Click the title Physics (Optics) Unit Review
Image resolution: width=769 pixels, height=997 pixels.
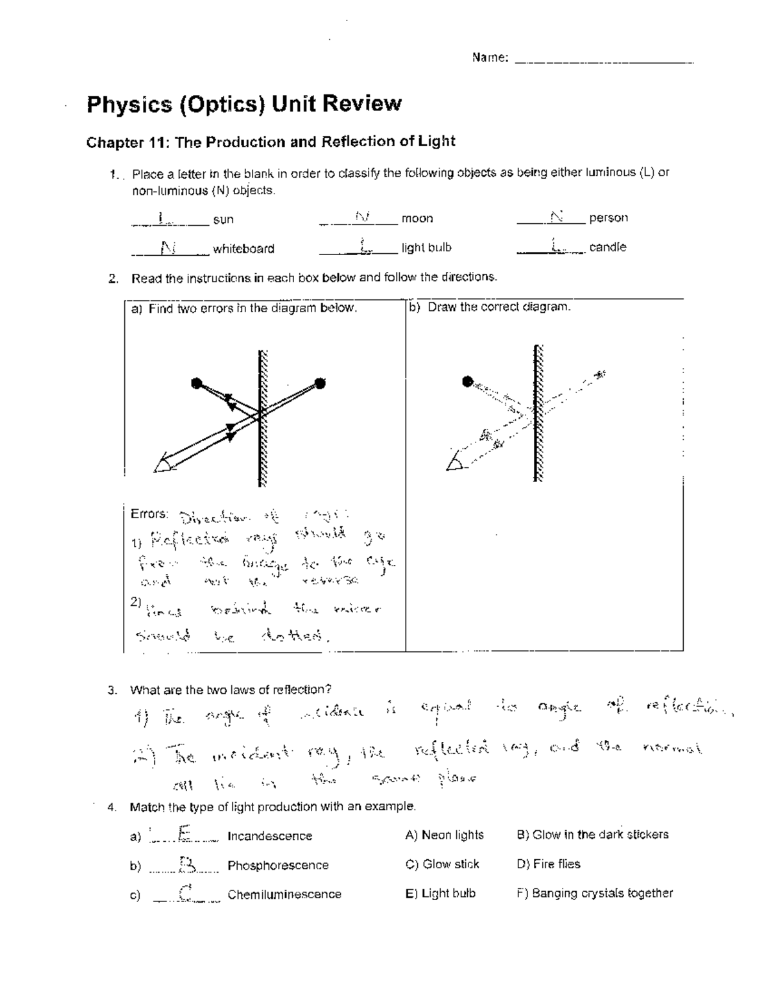(244, 103)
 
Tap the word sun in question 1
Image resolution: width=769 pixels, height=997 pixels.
(223, 219)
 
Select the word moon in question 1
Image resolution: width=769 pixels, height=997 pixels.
(417, 219)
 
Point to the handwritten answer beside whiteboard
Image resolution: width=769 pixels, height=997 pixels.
(168, 247)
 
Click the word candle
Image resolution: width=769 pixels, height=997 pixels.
(608, 247)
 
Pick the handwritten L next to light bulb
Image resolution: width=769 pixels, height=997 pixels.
(364, 246)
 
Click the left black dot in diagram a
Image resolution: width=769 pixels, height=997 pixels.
(197, 383)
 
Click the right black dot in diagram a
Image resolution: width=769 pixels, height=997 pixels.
(320, 383)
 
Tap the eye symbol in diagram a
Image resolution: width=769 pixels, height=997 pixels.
(165, 462)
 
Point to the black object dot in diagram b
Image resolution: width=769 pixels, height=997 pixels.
(467, 381)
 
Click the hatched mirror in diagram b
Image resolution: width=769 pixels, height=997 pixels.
(538, 412)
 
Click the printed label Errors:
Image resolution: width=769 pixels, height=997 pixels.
(149, 514)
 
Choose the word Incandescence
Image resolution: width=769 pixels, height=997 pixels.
(270, 836)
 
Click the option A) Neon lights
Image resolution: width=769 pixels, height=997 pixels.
(444, 835)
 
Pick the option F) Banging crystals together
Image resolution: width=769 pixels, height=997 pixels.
(594, 893)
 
